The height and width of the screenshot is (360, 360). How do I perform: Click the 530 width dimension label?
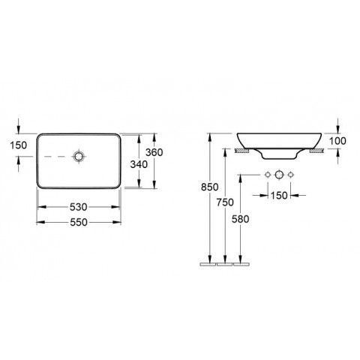[79, 207]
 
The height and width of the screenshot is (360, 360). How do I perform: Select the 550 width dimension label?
[79, 222]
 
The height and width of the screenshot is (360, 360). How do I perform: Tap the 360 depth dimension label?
[154, 152]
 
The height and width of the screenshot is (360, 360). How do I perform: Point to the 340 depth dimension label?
[139, 164]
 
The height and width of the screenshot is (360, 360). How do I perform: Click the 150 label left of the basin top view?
[18, 145]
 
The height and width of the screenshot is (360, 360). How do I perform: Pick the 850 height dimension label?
[210, 187]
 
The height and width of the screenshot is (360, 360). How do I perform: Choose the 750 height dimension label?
[225, 202]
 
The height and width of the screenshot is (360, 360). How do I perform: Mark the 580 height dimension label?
[240, 219]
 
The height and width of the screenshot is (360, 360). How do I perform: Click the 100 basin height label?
[337, 141]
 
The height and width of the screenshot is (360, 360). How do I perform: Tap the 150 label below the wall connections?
[279, 196]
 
